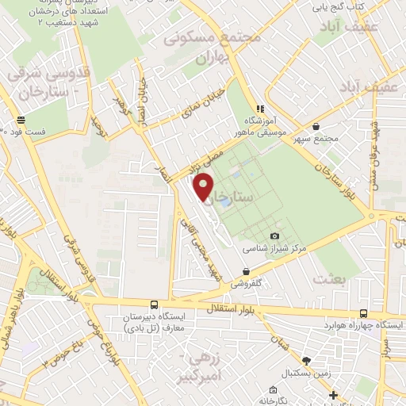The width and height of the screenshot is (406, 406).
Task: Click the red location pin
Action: click(x=205, y=186)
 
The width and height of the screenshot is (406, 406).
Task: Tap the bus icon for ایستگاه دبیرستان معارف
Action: click(x=154, y=304)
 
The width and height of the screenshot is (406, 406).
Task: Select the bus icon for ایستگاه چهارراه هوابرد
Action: click(x=362, y=313)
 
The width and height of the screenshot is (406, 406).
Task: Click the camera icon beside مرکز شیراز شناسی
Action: click(x=275, y=236)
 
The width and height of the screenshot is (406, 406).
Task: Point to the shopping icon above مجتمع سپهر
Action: click(x=316, y=126)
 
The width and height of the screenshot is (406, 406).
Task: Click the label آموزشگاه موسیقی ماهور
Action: click(x=258, y=124)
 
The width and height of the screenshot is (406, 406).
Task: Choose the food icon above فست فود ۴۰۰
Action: click(x=19, y=121)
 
